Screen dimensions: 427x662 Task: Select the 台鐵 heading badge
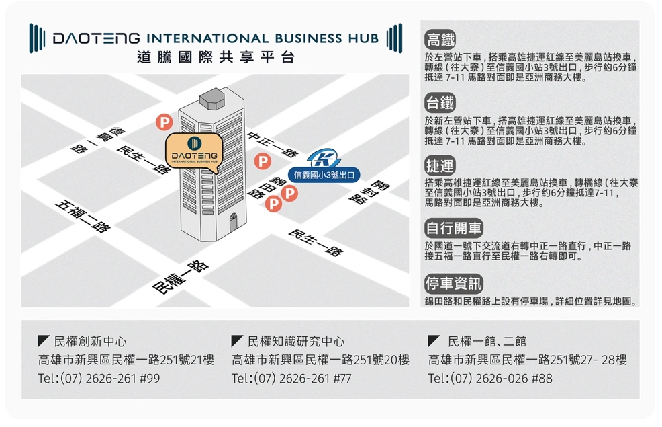click(x=440, y=103)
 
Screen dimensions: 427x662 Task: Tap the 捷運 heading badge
click(x=440, y=165)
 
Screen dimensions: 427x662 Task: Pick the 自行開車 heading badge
click(x=453, y=228)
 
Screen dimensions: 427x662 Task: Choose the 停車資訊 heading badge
click(x=453, y=283)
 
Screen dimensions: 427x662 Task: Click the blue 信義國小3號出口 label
click(x=324, y=176)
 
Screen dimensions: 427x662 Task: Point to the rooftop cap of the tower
click(x=213, y=98)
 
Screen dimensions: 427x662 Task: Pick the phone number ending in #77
click(x=291, y=379)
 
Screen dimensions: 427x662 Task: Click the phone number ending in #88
click(x=490, y=379)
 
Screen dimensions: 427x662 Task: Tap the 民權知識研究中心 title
click(x=296, y=342)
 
